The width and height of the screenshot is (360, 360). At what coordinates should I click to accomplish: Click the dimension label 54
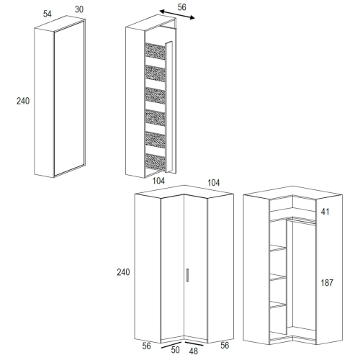point(48,14)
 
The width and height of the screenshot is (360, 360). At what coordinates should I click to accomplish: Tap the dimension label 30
point(79,9)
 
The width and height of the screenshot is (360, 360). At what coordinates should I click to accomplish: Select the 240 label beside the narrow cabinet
point(23,101)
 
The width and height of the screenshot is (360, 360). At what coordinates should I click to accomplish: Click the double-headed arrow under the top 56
point(177,14)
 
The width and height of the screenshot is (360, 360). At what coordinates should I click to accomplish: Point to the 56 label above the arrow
point(181,7)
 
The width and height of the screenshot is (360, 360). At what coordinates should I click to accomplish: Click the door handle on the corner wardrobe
point(187,275)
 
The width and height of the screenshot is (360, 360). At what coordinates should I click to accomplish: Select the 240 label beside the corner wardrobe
point(123,272)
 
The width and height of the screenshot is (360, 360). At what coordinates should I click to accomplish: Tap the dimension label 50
point(175,350)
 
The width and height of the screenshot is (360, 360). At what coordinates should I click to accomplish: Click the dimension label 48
point(194,351)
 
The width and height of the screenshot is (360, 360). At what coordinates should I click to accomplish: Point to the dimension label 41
point(325,212)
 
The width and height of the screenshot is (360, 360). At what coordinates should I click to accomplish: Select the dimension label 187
point(327,283)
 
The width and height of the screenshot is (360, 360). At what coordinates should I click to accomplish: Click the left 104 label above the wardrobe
point(158,181)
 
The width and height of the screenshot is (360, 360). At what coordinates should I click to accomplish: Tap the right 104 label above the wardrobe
point(213,183)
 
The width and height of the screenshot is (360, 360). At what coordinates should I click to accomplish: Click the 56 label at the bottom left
point(146,346)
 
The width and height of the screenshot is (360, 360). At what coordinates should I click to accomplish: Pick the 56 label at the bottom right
point(225,345)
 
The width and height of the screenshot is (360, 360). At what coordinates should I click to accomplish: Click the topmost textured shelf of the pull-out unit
point(156,51)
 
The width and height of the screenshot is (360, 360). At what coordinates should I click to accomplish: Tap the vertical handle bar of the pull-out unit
point(168,107)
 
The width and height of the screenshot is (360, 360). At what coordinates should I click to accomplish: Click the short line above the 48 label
point(194,344)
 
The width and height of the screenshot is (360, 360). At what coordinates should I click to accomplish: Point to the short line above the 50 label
point(171,345)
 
